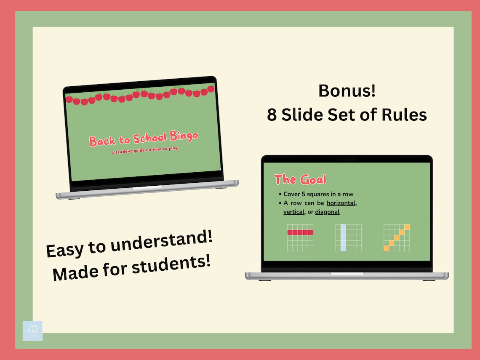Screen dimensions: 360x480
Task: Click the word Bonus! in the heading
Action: (347, 91)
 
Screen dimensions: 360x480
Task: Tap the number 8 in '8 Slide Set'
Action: (272, 115)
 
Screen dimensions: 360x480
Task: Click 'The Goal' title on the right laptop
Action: (300, 179)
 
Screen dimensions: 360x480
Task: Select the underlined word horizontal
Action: (341, 203)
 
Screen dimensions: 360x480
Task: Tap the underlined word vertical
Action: (294, 212)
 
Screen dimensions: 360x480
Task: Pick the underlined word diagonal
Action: (327, 212)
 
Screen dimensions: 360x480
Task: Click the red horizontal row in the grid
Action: (300, 232)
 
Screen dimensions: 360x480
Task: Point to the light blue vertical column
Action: (344, 237)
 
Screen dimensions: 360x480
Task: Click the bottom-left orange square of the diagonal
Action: (387, 248)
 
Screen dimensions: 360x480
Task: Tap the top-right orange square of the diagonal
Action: (407, 227)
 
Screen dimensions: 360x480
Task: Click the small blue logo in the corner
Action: (32, 331)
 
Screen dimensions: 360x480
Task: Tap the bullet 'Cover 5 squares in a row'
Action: (318, 194)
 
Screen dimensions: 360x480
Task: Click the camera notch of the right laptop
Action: (347, 159)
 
